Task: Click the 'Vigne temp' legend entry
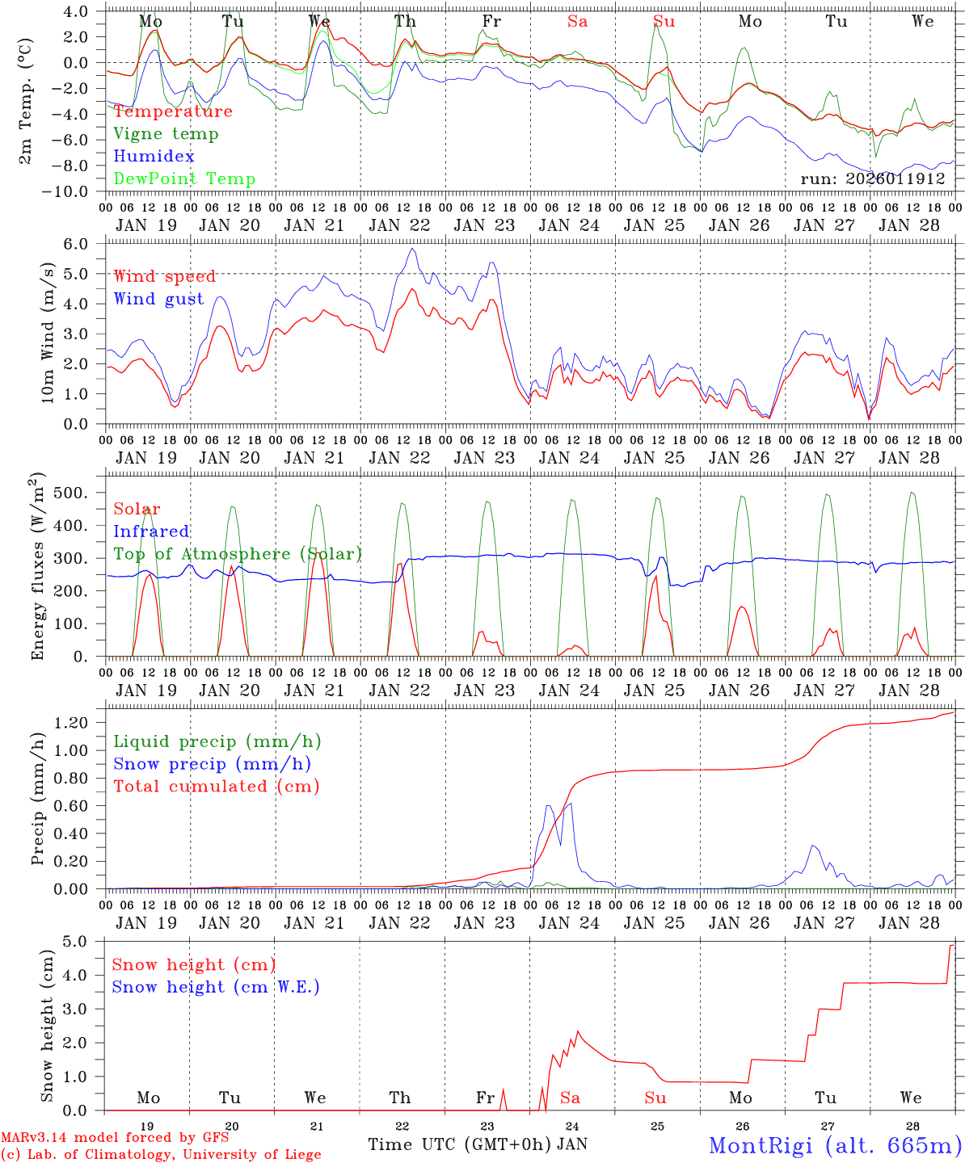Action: click(x=166, y=134)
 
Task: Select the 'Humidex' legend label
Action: click(x=154, y=157)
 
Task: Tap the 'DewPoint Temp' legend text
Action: click(x=184, y=179)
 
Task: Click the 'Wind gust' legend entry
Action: click(x=158, y=300)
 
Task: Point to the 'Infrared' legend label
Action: click(x=151, y=531)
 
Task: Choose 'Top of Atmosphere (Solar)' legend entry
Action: click(x=238, y=554)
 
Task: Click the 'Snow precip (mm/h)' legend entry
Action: click(x=213, y=764)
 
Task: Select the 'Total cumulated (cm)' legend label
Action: click(x=217, y=787)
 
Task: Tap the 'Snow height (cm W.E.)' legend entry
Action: click(x=216, y=987)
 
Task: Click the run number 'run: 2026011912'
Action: click(x=873, y=179)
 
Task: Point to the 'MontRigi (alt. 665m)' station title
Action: click(x=835, y=1145)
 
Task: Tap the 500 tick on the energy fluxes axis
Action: click(x=75, y=493)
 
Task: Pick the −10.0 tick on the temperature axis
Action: click(x=69, y=191)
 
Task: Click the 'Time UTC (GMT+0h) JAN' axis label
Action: click(x=477, y=1144)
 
